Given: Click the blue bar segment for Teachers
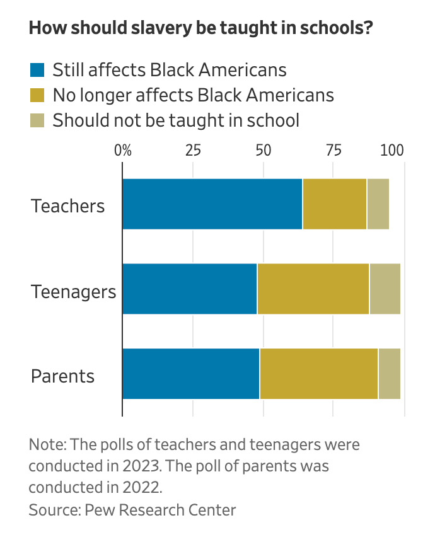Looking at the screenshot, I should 212,204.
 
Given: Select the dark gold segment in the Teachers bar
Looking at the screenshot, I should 335,204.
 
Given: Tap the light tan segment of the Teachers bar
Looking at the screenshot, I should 378,204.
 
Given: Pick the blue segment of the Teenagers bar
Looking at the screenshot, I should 190,289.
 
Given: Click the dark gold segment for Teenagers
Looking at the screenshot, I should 313,289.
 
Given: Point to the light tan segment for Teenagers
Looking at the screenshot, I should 385,289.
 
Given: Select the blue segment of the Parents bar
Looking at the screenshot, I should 191,374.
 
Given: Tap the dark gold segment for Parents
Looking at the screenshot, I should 318,374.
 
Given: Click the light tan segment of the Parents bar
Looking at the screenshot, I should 389,374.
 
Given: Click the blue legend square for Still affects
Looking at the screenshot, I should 38,70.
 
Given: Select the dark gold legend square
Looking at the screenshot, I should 38,95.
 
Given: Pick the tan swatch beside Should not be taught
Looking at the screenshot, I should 38,120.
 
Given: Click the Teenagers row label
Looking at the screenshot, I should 74,292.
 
